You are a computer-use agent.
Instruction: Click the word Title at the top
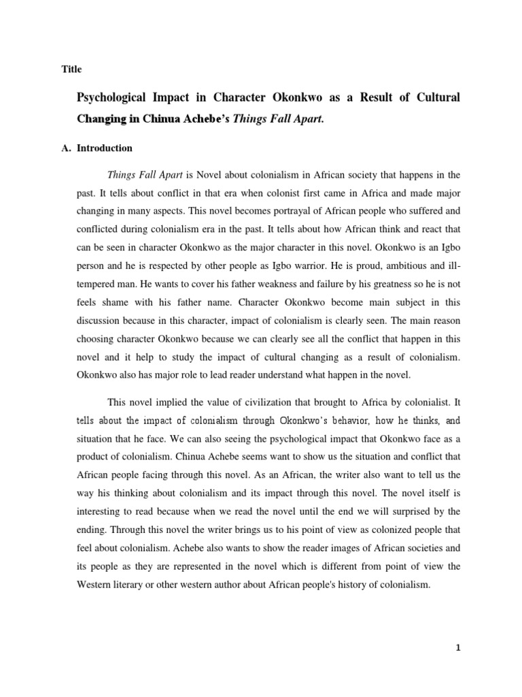tap(71, 69)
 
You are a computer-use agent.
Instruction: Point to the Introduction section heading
tap(105, 148)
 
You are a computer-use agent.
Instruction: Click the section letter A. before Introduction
tap(67, 148)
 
